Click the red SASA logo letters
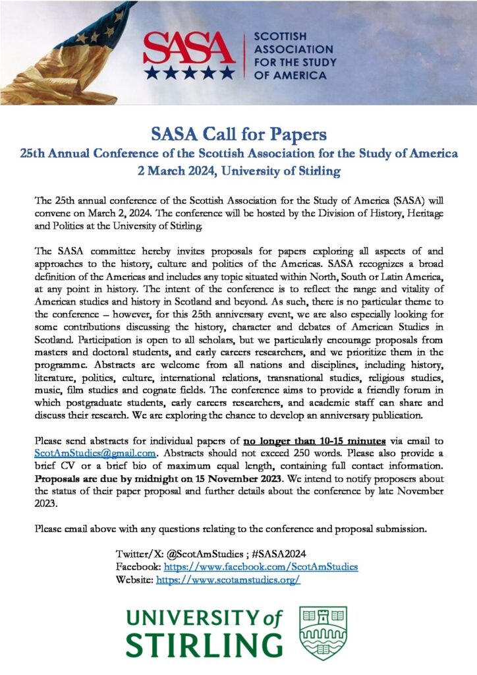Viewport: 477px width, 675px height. click(x=189, y=47)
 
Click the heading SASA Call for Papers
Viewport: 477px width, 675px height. click(x=238, y=136)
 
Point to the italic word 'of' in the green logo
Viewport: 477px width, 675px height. click(x=272, y=618)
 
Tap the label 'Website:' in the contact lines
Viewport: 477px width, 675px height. click(x=134, y=579)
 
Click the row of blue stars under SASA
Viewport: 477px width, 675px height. click(x=189, y=71)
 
